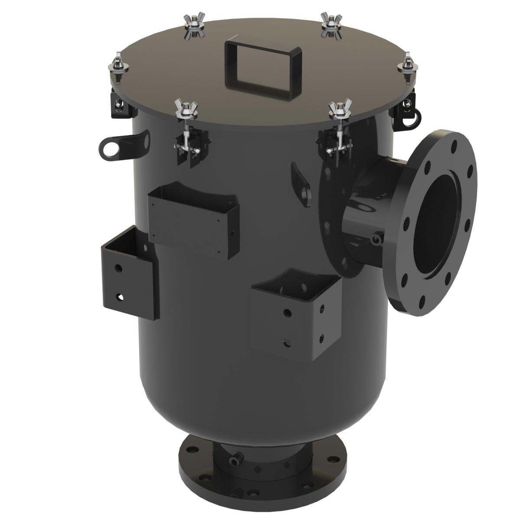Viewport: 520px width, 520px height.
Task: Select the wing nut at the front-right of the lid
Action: click(340, 109)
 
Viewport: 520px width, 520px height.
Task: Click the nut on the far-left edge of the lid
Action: click(118, 65)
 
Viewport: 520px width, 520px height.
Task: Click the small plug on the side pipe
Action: click(376, 239)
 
